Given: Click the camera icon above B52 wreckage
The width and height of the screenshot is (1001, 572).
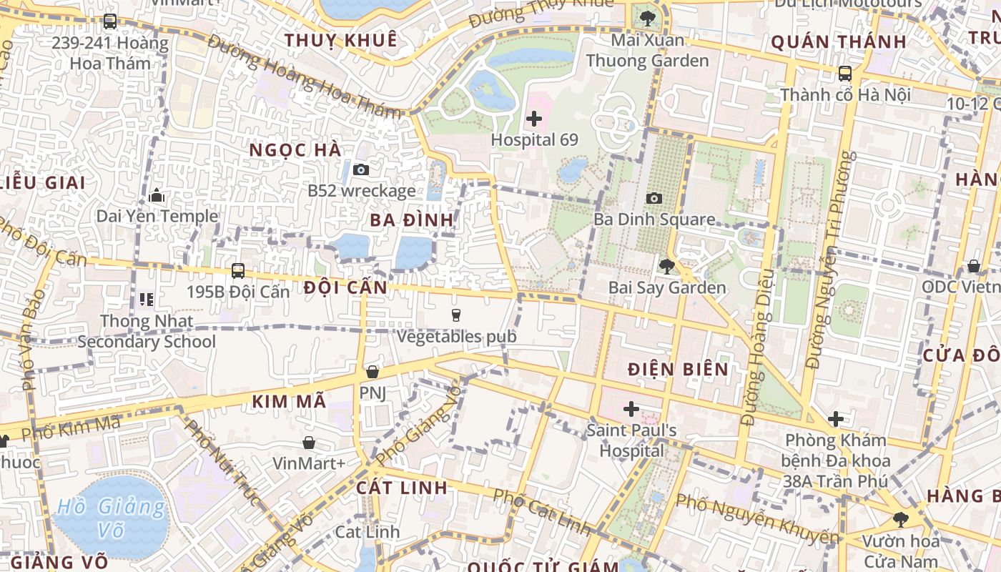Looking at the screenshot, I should [361, 169].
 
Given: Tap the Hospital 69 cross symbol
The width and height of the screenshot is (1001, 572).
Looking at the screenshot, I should [534, 119].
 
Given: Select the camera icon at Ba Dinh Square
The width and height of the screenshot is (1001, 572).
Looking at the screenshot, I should [654, 198].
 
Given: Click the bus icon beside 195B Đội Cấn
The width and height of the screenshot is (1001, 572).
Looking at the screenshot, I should [238, 271].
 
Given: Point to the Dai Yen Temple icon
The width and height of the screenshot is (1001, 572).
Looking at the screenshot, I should [157, 195].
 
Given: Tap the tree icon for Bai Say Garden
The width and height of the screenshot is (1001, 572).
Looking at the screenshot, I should [666, 267].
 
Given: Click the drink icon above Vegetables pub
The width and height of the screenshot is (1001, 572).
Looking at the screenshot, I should [456, 315].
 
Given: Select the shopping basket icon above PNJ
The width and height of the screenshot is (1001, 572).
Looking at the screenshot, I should [372, 372].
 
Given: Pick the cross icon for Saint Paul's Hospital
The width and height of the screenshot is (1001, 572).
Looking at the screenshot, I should [631, 409].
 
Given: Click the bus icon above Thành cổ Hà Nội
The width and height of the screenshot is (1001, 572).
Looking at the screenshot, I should [845, 73].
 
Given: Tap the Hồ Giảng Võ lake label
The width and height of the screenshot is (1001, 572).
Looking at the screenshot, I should [111, 518].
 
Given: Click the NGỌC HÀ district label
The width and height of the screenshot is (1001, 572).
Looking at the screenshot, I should [295, 150].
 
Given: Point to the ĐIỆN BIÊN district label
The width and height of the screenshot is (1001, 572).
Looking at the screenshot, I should [678, 370].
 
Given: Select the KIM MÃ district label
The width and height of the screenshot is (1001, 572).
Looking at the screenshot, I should [289, 402].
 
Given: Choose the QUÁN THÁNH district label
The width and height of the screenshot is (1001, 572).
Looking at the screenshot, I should [839, 42].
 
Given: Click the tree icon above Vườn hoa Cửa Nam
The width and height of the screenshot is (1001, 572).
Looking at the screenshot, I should [900, 520].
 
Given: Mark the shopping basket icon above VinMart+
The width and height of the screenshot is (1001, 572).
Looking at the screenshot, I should [309, 443].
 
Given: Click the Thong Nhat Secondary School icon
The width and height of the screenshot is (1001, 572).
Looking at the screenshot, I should [147, 299].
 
